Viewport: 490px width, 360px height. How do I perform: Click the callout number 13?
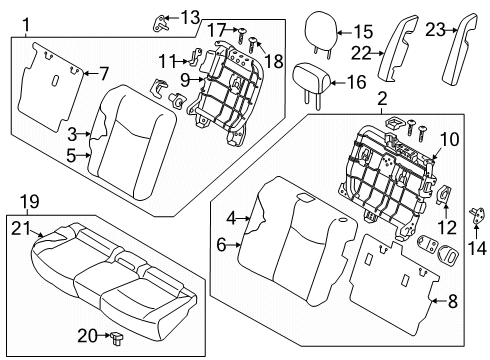(190, 17)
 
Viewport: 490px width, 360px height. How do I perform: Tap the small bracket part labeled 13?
(161, 24)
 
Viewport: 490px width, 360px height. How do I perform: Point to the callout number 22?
(361, 53)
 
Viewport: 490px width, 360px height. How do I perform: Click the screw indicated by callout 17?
(241, 36)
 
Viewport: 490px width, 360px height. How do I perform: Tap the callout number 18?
(274, 61)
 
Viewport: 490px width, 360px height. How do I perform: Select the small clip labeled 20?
(117, 339)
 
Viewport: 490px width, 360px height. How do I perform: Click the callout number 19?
(30, 202)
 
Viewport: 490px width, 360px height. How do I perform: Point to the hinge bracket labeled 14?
(476, 216)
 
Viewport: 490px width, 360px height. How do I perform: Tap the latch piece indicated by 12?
(443, 195)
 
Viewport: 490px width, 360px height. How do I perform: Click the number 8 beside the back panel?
(452, 302)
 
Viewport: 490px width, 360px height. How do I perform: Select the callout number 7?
(104, 73)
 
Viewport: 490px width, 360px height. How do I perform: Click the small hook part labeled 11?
(195, 56)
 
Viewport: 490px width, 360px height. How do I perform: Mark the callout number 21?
(21, 229)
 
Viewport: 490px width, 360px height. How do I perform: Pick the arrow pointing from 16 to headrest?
(338, 83)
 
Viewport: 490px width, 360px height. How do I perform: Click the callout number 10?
(449, 139)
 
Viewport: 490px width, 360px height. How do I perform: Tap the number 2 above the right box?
(382, 99)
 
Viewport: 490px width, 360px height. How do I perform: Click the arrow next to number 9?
(197, 79)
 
